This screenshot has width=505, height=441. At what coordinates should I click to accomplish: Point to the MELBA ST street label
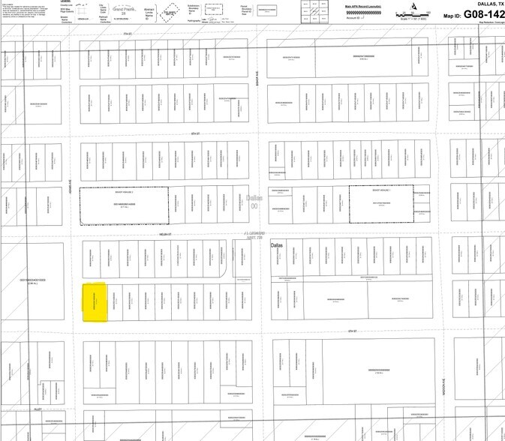click(165, 234)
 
